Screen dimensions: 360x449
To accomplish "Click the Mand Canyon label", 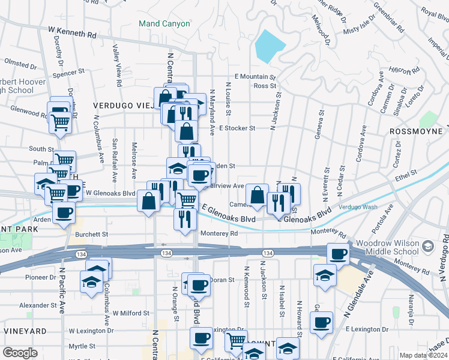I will (x=164, y=24).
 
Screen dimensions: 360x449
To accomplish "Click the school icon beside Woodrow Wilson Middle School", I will (x=427, y=246).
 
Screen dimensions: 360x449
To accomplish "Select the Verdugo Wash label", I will (x=357, y=207).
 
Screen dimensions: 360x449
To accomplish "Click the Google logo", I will (x=20, y=353).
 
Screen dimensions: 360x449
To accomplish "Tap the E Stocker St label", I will (x=237, y=128).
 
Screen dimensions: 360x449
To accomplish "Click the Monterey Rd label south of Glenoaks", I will (x=219, y=233).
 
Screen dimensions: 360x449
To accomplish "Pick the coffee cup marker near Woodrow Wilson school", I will (x=338, y=254).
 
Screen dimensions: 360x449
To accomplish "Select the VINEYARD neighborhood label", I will (x=24, y=331).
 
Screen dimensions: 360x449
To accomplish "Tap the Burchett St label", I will (x=91, y=235).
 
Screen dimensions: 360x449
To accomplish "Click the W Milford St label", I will (x=126, y=313).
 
